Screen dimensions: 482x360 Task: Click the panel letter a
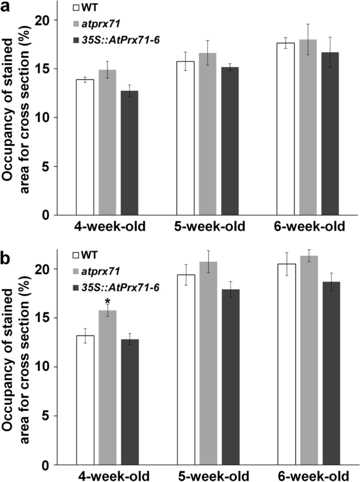(7, 8)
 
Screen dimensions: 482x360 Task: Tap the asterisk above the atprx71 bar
(107, 301)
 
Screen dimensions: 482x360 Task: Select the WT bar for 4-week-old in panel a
(85, 147)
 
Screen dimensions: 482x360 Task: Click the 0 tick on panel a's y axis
(48, 215)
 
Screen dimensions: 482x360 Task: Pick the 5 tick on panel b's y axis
(48, 416)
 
